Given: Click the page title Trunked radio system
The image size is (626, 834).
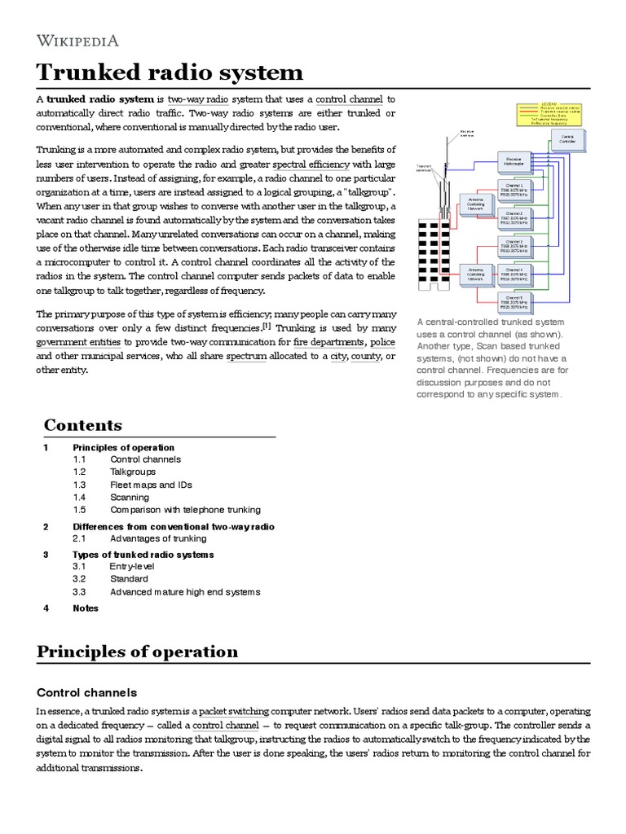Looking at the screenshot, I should click(x=170, y=72).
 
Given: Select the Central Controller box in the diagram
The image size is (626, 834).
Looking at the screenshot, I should click(x=567, y=140).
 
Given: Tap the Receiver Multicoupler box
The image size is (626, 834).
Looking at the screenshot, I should click(x=514, y=162).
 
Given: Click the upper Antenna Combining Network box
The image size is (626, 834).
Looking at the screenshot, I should click(x=477, y=204).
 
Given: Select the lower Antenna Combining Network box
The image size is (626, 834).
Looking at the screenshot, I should click(x=477, y=273).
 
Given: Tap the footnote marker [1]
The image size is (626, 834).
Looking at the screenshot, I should click(x=266, y=327).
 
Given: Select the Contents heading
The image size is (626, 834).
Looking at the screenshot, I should click(x=83, y=425).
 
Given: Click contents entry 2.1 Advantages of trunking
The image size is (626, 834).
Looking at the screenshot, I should click(x=158, y=538).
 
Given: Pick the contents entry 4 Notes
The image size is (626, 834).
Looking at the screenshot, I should click(x=85, y=608).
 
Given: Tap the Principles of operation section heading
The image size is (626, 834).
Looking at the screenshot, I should click(x=138, y=652).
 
